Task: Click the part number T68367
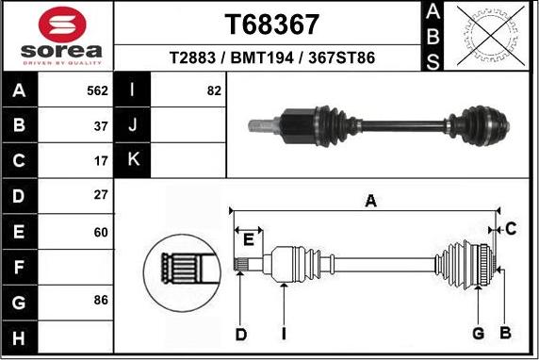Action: [271, 23]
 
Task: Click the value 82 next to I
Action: [214, 91]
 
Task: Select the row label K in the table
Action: [133, 160]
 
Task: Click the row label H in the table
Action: [20, 335]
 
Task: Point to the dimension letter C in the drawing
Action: [510, 228]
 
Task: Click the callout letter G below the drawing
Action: [478, 333]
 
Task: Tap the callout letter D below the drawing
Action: [241, 334]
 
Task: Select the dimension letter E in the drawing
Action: [247, 239]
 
